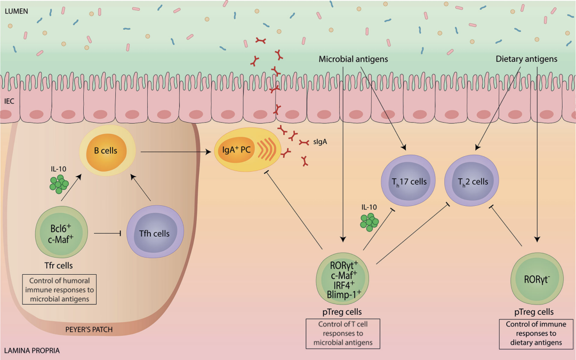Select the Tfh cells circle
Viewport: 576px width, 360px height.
155,233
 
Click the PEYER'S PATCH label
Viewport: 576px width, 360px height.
89,329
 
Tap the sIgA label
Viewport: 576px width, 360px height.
322,142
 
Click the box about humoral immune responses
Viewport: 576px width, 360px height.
60,289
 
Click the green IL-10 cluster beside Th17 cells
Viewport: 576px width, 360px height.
369,221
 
